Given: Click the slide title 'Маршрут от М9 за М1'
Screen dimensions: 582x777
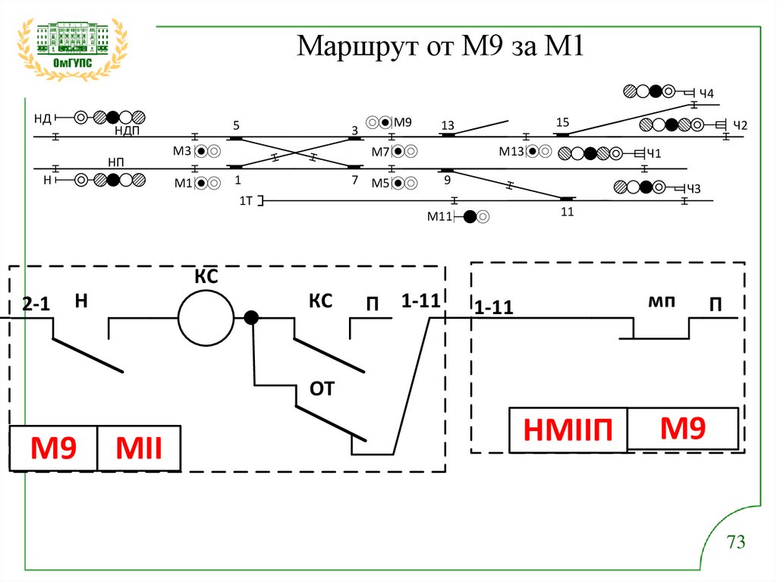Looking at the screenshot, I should (x=439, y=47).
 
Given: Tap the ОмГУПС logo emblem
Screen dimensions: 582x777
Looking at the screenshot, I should (x=73, y=47).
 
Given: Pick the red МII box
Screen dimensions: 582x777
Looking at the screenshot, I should (x=139, y=448).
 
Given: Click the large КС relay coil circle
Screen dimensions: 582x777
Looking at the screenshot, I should (x=206, y=318).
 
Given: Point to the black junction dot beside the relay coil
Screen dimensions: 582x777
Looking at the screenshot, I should (x=251, y=318).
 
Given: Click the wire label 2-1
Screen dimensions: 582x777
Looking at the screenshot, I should (x=36, y=304).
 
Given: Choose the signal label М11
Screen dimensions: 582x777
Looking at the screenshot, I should (x=439, y=217).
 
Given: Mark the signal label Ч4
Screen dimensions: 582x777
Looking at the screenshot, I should (x=706, y=93).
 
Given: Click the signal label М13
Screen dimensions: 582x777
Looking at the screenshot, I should (x=511, y=151).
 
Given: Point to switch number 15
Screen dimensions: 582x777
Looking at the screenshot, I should (x=562, y=122).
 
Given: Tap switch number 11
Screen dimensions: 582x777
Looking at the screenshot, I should (x=568, y=211).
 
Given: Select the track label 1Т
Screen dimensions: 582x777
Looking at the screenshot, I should (x=246, y=200).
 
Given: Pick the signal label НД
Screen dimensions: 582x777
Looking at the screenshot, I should (x=42, y=118).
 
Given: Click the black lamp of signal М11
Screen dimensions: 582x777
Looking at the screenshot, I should (x=470, y=217).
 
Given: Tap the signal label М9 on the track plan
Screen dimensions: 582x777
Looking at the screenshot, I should (x=403, y=122).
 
